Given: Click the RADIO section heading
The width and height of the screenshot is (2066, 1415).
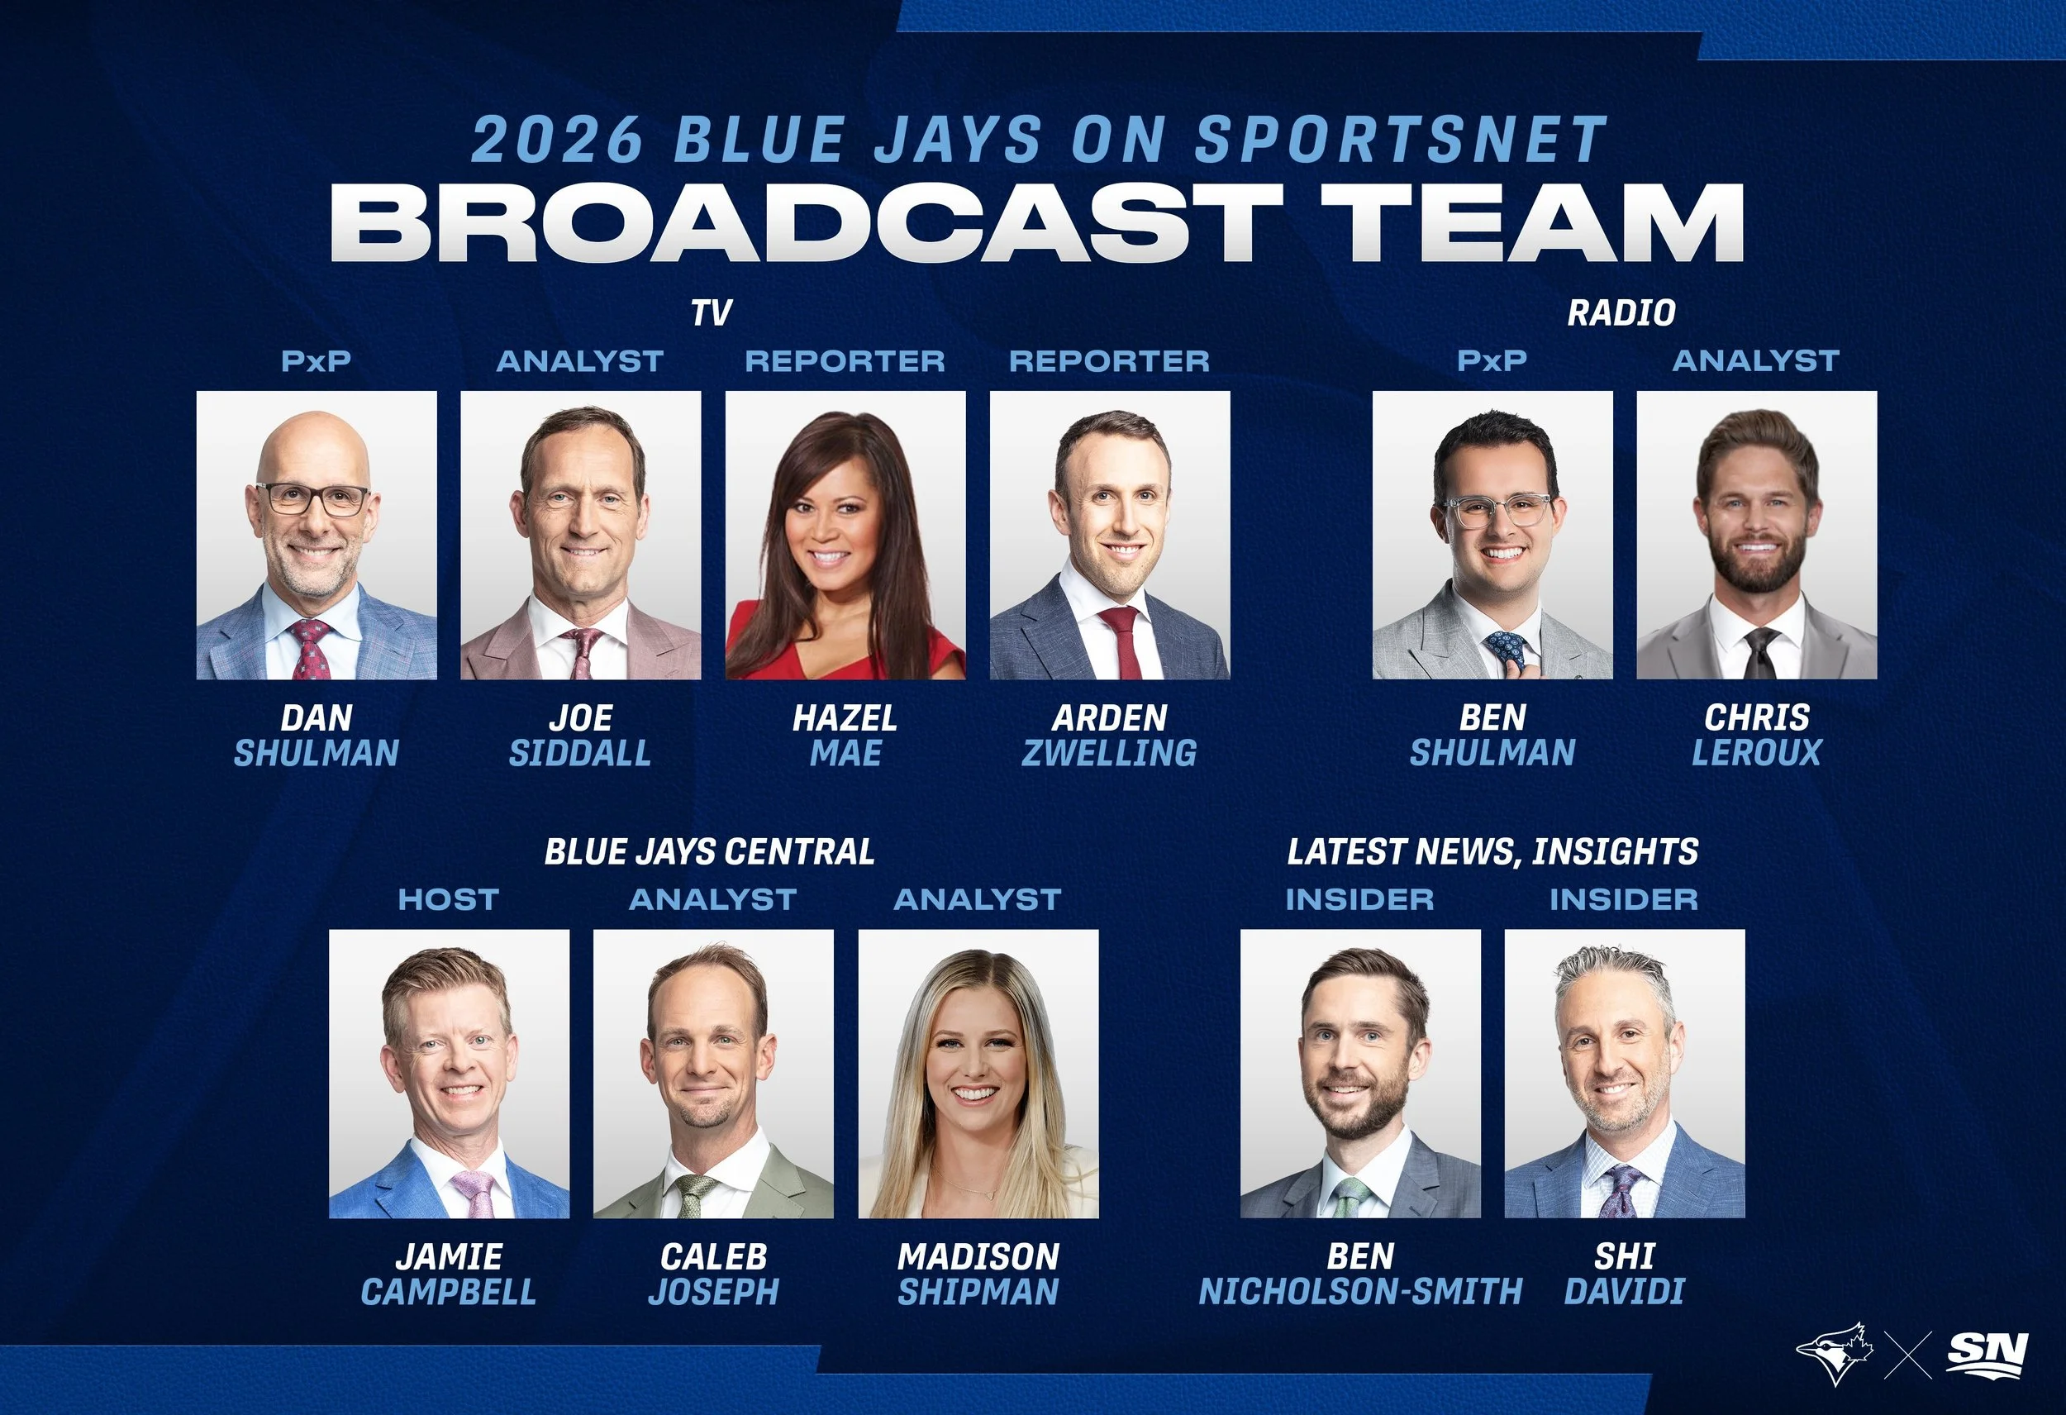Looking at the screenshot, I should click(1621, 313).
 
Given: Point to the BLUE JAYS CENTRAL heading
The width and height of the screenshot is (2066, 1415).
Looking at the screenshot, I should click(709, 852).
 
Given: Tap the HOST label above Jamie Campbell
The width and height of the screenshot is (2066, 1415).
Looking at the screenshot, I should click(448, 899).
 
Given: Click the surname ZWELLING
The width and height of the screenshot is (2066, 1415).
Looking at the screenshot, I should click(1110, 753).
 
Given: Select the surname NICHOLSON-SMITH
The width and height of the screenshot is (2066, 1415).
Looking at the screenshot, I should click(1360, 1291).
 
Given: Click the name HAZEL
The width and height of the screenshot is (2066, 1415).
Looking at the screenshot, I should click(845, 717).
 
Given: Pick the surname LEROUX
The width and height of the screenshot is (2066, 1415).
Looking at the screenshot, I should click(1757, 753).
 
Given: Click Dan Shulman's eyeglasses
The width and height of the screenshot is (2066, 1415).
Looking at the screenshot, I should click(313, 499).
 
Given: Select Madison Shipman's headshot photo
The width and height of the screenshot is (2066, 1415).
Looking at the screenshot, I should click(978, 1074).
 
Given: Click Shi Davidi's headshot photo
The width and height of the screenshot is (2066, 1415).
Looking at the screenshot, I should click(1624, 1074).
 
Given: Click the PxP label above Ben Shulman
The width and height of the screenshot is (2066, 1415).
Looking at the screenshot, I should click(1492, 361).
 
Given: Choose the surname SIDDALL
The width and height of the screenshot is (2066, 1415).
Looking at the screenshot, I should click(579, 753).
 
